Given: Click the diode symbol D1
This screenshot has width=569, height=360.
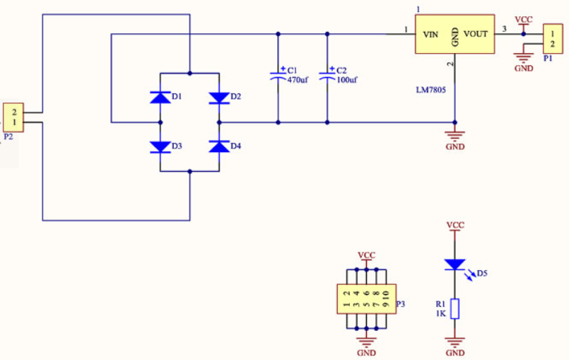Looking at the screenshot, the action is coord(160,98).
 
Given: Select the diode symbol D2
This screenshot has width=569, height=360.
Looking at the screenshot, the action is coord(219,98).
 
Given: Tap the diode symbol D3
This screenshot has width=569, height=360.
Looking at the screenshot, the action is coord(160,147).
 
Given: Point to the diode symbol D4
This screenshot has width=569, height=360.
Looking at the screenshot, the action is coord(219,146).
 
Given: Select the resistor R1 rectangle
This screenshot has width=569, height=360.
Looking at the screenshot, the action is coord(454,309).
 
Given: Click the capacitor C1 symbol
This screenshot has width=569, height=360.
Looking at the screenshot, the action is coord(278,75).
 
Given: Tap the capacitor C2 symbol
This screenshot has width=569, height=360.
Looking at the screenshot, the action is coord(327,75).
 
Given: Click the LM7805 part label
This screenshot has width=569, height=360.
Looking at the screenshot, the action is coord(430,90).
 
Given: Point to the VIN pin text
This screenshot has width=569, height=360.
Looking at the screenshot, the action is coord(430,35).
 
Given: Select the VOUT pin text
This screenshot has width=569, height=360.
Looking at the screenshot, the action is coord(476,34).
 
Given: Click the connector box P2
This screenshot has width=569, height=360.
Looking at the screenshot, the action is coord(13,117).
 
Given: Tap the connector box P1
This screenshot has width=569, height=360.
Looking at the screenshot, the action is coord(553,39).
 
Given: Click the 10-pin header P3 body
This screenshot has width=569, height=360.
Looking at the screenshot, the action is coord(367,298).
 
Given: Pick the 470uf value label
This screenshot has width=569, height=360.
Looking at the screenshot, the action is coord(298,79).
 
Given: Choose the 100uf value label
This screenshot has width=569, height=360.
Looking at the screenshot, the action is coord(347,79).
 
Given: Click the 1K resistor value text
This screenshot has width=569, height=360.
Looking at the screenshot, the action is coord(441,313).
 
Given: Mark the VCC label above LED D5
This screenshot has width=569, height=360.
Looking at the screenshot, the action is coord(455,225).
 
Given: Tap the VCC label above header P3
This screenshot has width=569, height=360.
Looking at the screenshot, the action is coord(367,255).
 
